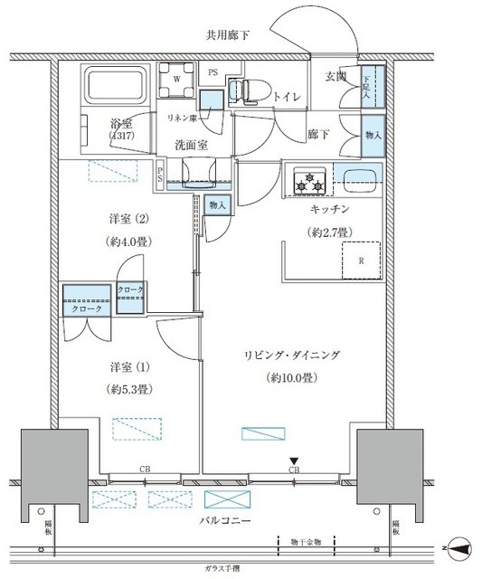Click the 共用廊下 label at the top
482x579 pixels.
coord(227,34)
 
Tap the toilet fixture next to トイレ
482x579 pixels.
coord(241,90)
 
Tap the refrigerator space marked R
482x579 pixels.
coord(361,261)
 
